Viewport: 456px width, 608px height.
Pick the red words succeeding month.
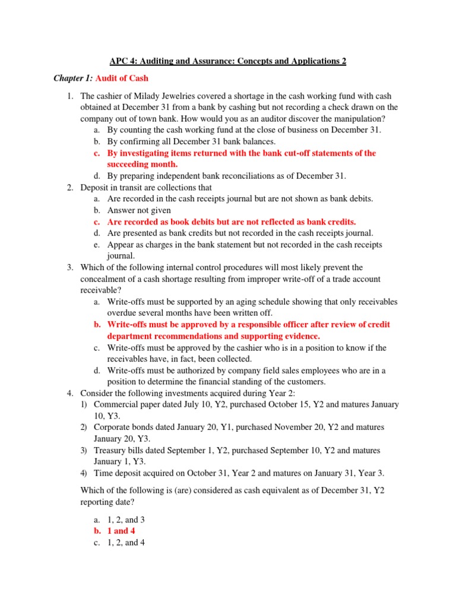click(142, 164)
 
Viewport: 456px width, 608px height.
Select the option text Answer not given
click(139, 210)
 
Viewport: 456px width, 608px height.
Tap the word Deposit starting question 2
click(96, 187)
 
